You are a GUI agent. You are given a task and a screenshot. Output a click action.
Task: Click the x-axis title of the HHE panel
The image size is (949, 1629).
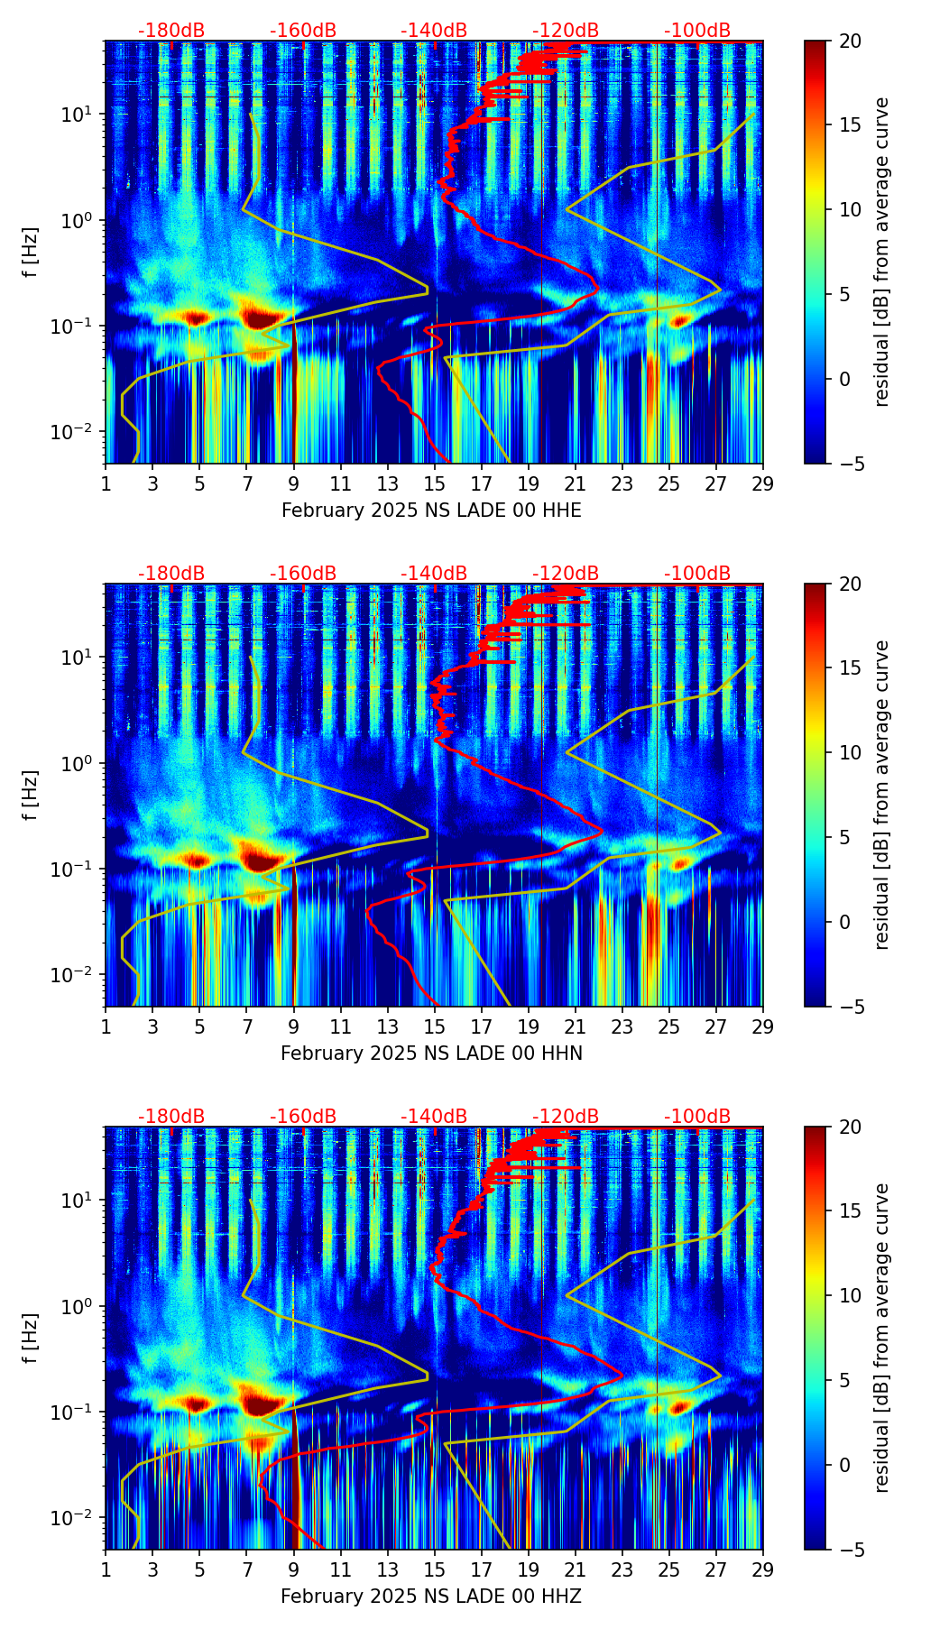click(x=431, y=511)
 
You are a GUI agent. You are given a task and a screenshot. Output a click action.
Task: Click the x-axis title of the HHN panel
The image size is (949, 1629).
click(x=431, y=1054)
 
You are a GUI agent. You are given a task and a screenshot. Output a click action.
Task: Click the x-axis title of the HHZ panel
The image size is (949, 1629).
click(x=431, y=1597)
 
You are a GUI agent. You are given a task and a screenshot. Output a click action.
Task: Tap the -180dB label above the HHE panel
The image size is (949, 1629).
click(x=171, y=31)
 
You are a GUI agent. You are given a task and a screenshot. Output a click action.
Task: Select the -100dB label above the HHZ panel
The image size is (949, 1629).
click(x=697, y=1117)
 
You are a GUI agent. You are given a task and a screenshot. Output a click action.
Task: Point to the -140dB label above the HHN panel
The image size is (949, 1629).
click(x=434, y=574)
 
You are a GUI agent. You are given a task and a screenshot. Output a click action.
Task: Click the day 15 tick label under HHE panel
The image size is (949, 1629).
click(x=435, y=484)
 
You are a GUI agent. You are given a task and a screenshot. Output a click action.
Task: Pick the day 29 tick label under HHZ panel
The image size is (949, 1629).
click(x=762, y=1570)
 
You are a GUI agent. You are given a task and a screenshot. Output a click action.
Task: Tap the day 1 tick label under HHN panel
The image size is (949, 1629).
click(x=106, y=1027)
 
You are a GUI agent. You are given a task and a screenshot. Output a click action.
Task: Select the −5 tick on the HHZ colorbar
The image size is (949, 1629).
click(x=848, y=1550)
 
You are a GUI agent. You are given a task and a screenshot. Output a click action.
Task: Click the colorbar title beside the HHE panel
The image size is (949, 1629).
click(x=882, y=252)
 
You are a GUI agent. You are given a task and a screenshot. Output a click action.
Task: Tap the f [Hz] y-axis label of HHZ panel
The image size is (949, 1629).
click(x=32, y=1338)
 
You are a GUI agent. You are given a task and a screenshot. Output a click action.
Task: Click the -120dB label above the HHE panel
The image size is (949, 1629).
click(x=566, y=31)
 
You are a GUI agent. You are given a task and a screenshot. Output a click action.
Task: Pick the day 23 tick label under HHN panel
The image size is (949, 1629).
click(x=622, y=1027)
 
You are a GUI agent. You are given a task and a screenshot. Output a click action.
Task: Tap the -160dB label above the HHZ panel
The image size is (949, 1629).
click(x=303, y=1117)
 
